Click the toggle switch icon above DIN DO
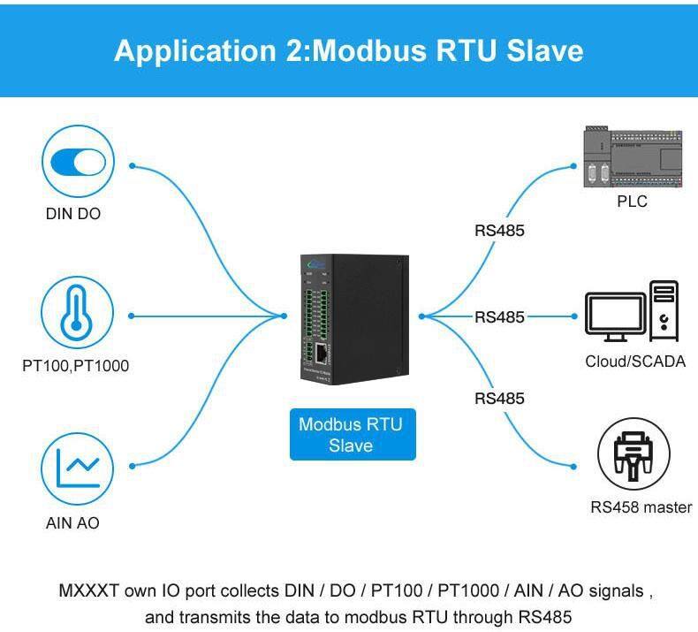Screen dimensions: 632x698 (79, 162)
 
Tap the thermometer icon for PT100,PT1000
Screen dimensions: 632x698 (78, 315)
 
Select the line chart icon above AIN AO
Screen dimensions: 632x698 (78, 468)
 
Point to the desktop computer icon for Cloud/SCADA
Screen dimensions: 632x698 (633, 313)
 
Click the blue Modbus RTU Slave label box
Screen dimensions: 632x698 (351, 435)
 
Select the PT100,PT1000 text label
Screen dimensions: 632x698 (76, 365)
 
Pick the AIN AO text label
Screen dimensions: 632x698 (72, 523)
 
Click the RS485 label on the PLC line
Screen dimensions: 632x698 (499, 231)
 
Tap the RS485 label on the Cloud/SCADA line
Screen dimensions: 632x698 (499, 316)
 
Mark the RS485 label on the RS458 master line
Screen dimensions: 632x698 (499, 398)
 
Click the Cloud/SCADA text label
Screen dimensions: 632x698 (634, 361)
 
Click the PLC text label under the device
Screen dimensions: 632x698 (632, 202)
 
